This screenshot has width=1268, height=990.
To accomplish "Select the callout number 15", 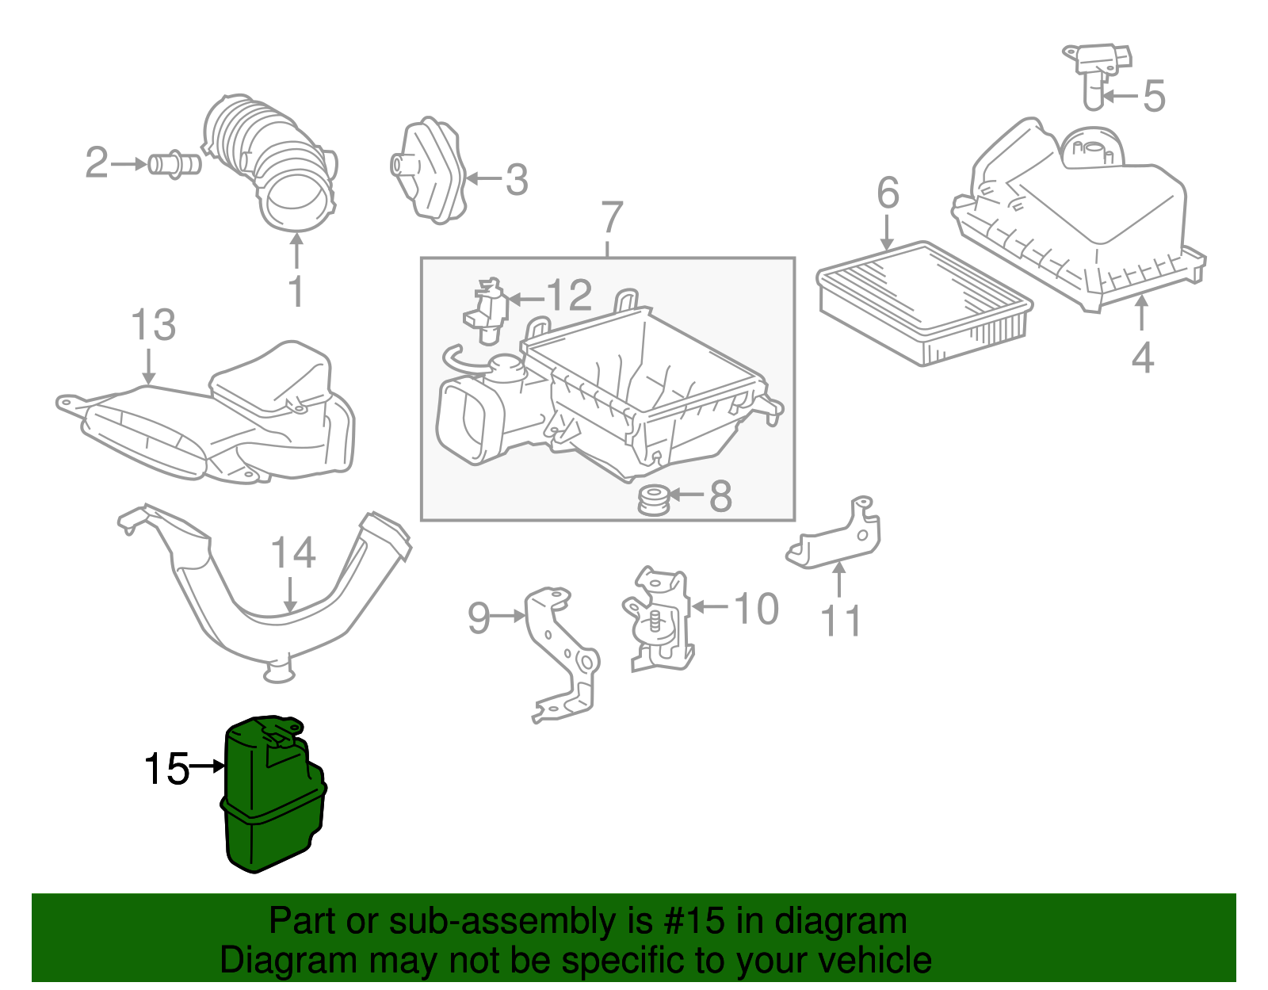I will [x=166, y=768].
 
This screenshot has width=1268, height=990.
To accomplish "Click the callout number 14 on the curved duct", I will [x=292, y=553].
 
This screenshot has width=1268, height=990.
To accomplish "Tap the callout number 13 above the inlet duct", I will [x=153, y=326].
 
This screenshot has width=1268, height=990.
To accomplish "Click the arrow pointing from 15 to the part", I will [x=208, y=766].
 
